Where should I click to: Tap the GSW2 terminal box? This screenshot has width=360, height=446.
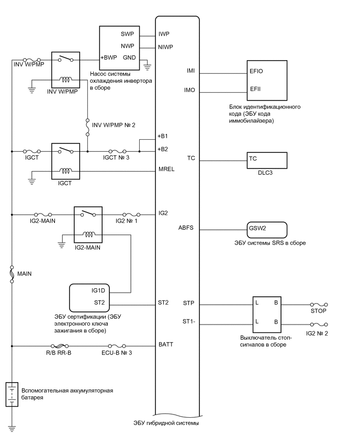coord(267,229)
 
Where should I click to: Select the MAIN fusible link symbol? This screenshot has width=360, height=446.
coord(12,274)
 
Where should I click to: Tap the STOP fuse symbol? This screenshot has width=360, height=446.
coord(319,304)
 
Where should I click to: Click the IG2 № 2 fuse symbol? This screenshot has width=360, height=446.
coord(319,325)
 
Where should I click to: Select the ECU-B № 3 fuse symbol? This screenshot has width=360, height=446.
coord(117,346)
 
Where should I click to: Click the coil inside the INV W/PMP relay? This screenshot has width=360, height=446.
coord(65,80)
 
